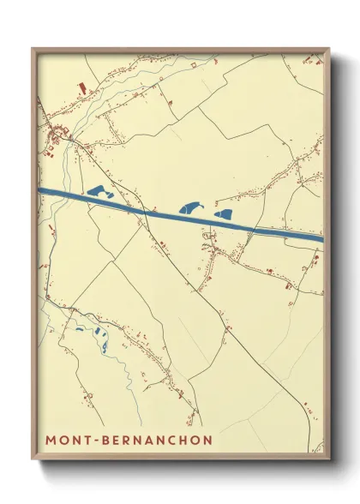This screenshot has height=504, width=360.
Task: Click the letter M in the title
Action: click(51, 440)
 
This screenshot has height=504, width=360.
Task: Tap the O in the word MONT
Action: click(65, 440)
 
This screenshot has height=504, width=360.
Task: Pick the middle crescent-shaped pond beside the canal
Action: click(189, 207)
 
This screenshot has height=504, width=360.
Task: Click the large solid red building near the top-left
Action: click(82, 87)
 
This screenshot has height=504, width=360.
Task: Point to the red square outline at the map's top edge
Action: click(194, 63)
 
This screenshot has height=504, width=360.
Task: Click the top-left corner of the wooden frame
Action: click(33, 48)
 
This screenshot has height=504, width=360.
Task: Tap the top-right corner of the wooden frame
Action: click(330, 48)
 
